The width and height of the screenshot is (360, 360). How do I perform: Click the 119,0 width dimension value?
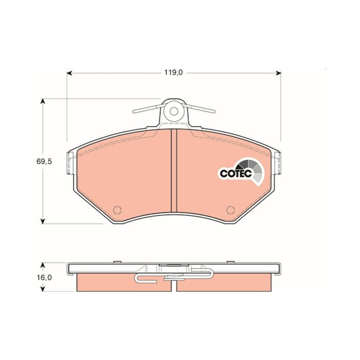point(173,72)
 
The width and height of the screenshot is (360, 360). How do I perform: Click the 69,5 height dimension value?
point(44,162)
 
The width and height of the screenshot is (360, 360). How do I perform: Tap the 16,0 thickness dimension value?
point(44,278)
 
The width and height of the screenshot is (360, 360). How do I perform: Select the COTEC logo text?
point(236,174)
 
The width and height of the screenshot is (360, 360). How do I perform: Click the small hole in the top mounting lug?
point(174,111)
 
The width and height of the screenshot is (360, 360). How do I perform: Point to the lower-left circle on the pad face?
point(117,210)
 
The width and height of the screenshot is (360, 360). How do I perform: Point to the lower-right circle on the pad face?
point(230,210)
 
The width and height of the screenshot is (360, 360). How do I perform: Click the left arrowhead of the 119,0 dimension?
point(69,73)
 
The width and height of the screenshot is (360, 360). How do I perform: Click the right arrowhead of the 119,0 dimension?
point(278,73)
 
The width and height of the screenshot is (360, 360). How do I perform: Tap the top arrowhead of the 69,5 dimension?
point(42,102)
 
